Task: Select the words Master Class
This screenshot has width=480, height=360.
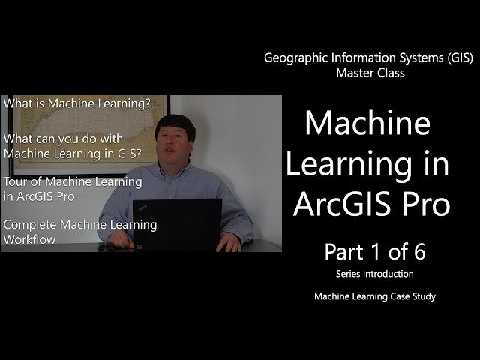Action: [370, 73]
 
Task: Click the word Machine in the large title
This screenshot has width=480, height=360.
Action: [367, 123]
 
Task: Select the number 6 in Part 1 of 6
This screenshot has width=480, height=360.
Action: [417, 251]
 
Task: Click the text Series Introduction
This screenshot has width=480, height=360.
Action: [374, 274]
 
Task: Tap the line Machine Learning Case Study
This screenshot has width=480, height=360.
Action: [375, 296]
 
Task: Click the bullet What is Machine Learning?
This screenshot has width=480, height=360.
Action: [78, 103]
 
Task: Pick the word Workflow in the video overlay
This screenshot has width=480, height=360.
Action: [31, 239]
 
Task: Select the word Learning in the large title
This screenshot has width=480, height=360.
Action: [355, 163]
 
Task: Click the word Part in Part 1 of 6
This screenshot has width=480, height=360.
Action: [341, 251]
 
